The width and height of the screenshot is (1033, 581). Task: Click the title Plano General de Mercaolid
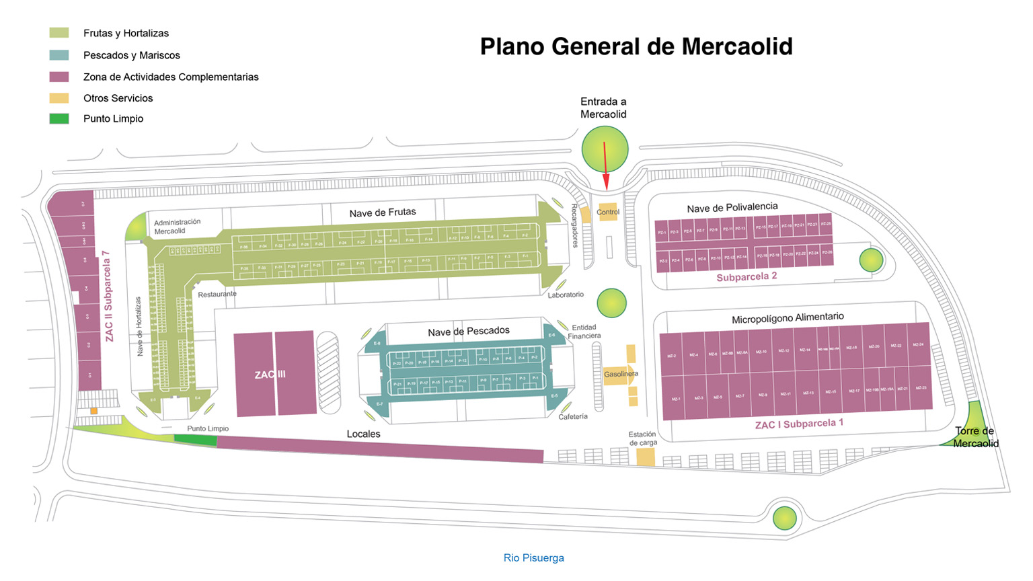(636, 46)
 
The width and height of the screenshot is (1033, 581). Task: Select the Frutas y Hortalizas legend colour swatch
(59, 33)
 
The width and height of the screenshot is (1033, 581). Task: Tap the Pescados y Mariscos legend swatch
(59, 55)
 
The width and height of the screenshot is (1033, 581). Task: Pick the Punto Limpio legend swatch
(59, 119)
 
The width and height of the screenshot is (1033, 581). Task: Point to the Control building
(607, 212)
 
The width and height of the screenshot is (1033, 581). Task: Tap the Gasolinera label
(620, 374)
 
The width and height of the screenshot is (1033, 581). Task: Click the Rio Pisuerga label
(533, 558)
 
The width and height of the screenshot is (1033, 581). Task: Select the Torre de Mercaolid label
(975, 437)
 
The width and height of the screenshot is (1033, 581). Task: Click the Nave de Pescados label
(468, 331)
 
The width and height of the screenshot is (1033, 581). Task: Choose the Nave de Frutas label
(382, 212)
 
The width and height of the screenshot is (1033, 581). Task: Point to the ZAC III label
(270, 375)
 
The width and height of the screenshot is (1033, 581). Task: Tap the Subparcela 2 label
(747, 276)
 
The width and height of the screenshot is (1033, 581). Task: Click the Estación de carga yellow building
(646, 457)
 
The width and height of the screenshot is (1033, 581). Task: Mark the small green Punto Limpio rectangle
(195, 440)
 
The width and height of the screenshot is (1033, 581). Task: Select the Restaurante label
(217, 294)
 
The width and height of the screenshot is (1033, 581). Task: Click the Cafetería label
(572, 417)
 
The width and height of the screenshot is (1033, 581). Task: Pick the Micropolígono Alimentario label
(787, 317)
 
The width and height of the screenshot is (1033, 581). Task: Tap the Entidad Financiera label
(584, 332)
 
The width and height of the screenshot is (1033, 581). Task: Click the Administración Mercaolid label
(177, 227)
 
